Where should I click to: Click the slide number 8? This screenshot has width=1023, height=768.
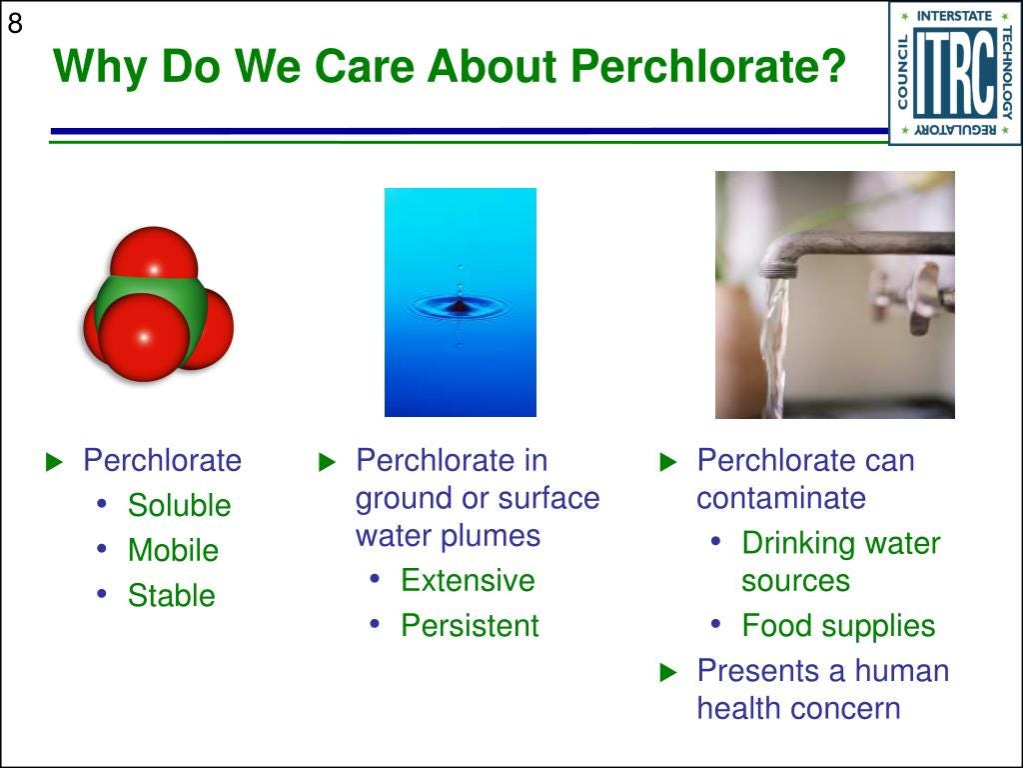(x=14, y=24)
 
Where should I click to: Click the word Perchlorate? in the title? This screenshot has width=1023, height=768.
(x=708, y=68)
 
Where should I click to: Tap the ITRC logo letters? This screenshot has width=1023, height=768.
(x=954, y=74)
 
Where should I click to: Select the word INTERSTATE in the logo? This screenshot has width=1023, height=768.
(x=954, y=16)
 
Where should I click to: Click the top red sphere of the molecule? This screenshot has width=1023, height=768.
(x=154, y=257)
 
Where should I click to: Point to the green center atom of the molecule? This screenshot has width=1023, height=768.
(x=153, y=300)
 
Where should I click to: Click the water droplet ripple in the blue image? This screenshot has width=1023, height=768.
(x=460, y=306)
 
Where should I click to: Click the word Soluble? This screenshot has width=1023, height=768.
(x=180, y=505)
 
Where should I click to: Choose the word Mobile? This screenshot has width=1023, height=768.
(x=173, y=550)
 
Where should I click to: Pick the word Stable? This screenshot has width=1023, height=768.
(x=172, y=595)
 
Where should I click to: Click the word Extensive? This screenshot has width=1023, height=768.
(x=468, y=580)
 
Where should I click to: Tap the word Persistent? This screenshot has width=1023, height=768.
(x=470, y=625)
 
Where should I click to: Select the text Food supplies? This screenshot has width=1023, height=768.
(x=838, y=626)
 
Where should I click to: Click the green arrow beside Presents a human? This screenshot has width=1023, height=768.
(x=668, y=672)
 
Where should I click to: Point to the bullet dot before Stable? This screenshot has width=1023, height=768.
(x=101, y=594)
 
